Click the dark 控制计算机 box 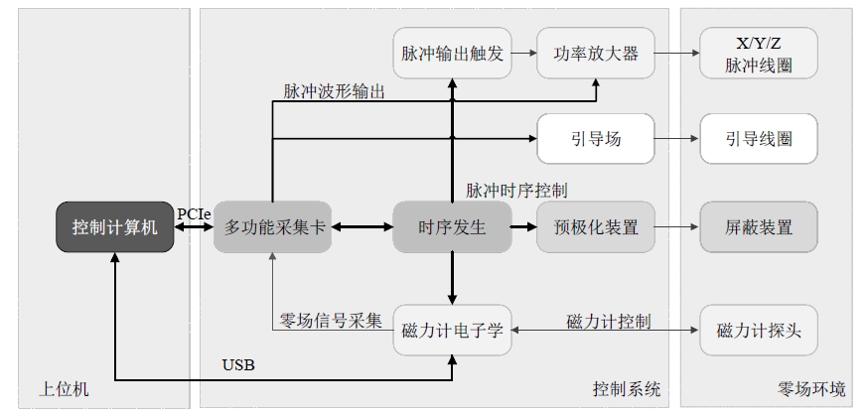point(115,226)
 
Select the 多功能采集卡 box point(273,226)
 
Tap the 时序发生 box point(452,226)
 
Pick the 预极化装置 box point(596,226)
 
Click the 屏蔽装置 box point(759,226)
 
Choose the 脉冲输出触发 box point(452,53)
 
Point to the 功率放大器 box point(596,53)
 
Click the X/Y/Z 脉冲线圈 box point(759,53)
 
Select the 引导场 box point(596,139)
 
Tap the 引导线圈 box point(759,139)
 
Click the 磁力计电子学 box point(452,331)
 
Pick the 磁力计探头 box point(759,331)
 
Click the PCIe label point(194,213)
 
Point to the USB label point(238,365)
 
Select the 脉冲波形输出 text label point(334,91)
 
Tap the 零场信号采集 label point(331,321)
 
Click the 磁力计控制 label point(609,321)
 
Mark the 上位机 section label point(64,389)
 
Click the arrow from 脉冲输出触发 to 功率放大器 point(524,53)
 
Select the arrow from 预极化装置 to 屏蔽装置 point(677,226)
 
